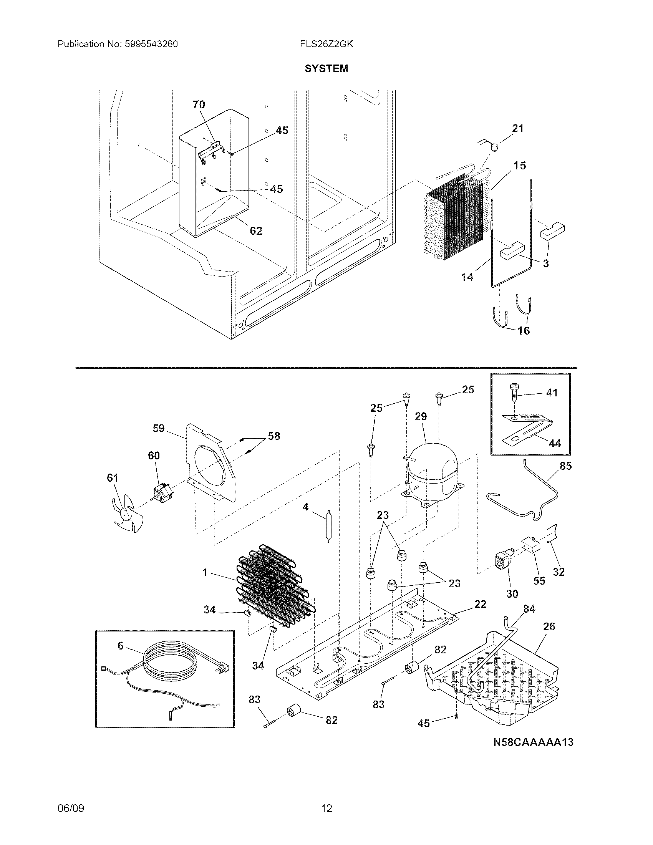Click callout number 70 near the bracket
[x=199, y=104]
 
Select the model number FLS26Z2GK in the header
[x=326, y=44]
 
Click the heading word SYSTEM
[x=326, y=68]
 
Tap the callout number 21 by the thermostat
[x=518, y=129]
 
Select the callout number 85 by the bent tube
[x=565, y=466]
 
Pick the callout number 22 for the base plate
[x=480, y=604]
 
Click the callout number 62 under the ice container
[x=256, y=231]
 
